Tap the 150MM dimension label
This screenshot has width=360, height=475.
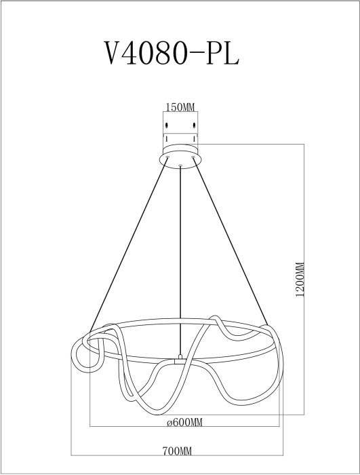click(x=180, y=107)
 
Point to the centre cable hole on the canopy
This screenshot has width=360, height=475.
click(x=180, y=164)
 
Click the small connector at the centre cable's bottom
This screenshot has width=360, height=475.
click(x=180, y=358)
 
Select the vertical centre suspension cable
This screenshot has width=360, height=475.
click(x=180, y=258)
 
